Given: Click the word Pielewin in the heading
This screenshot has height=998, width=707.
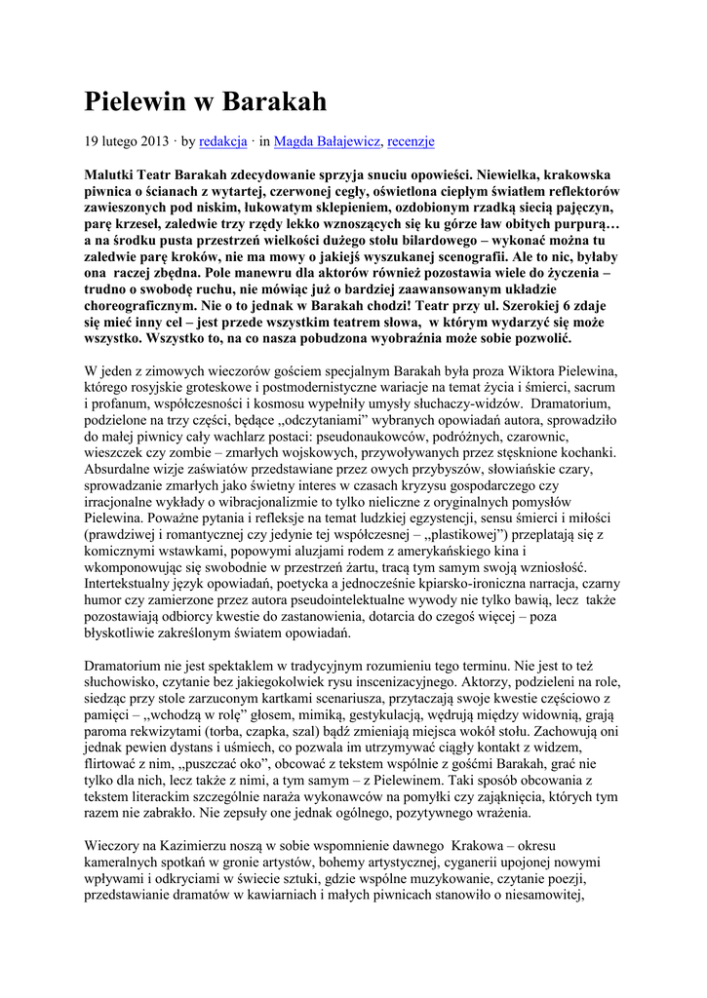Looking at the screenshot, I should [137, 101].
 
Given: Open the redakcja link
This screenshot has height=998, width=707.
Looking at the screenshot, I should [223, 141].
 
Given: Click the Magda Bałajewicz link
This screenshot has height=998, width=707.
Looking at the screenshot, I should [327, 141].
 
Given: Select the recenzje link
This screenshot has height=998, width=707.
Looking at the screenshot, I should [411, 141].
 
